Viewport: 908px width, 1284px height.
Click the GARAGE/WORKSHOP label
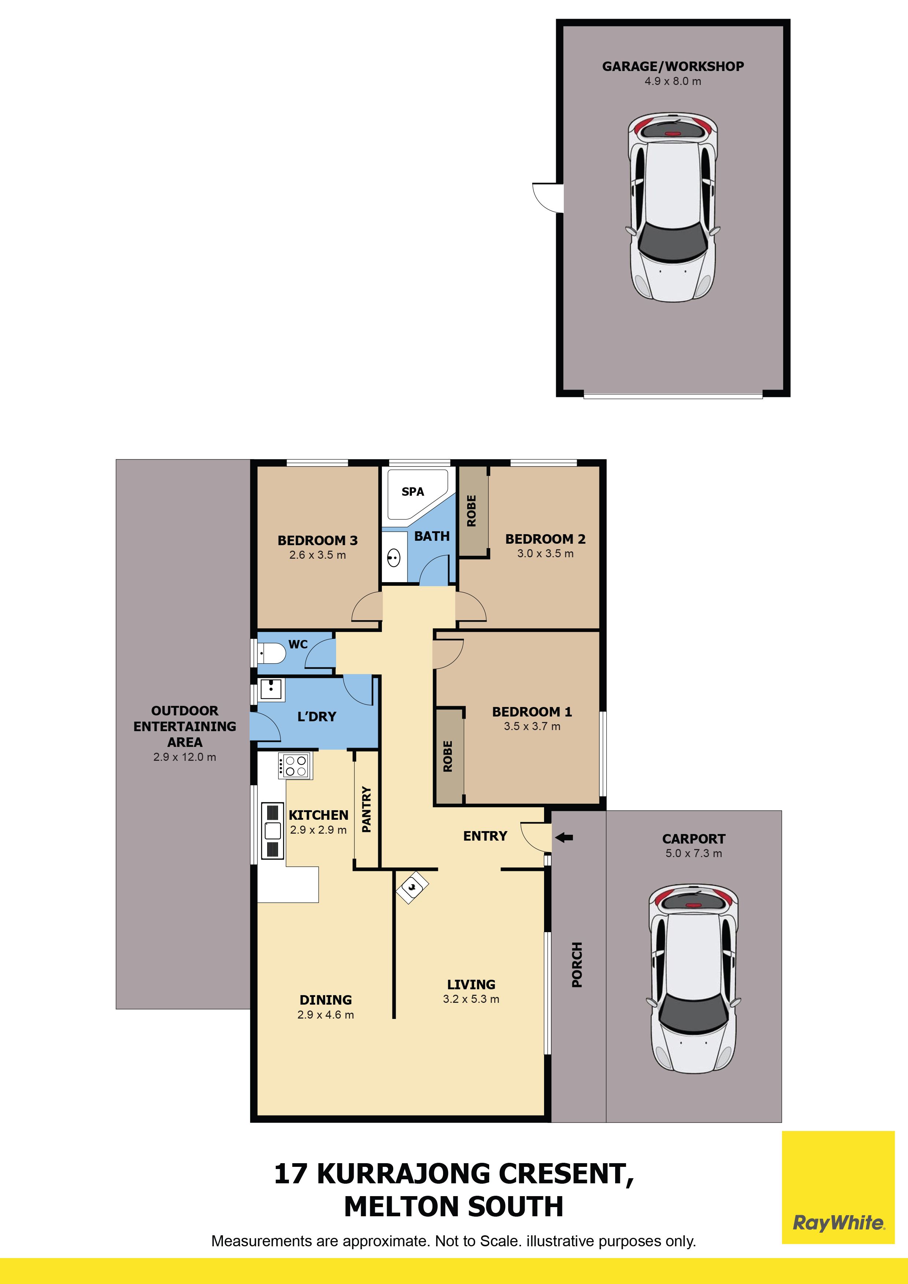pos(673,67)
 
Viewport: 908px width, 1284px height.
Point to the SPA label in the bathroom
pos(413,492)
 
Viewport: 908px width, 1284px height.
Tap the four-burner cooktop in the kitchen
pos(295,766)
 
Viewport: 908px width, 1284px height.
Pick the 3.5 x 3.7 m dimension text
pos(532,726)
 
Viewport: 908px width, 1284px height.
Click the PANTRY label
pos(367,809)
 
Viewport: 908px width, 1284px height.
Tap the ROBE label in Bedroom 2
pos(471,511)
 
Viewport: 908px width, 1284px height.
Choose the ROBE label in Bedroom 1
pos(447,756)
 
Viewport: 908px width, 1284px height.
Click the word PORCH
pos(577,965)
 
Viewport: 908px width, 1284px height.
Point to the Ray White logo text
pos(839,1223)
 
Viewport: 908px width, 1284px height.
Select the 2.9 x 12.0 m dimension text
pos(185,757)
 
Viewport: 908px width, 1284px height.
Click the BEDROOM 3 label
pos(317,541)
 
